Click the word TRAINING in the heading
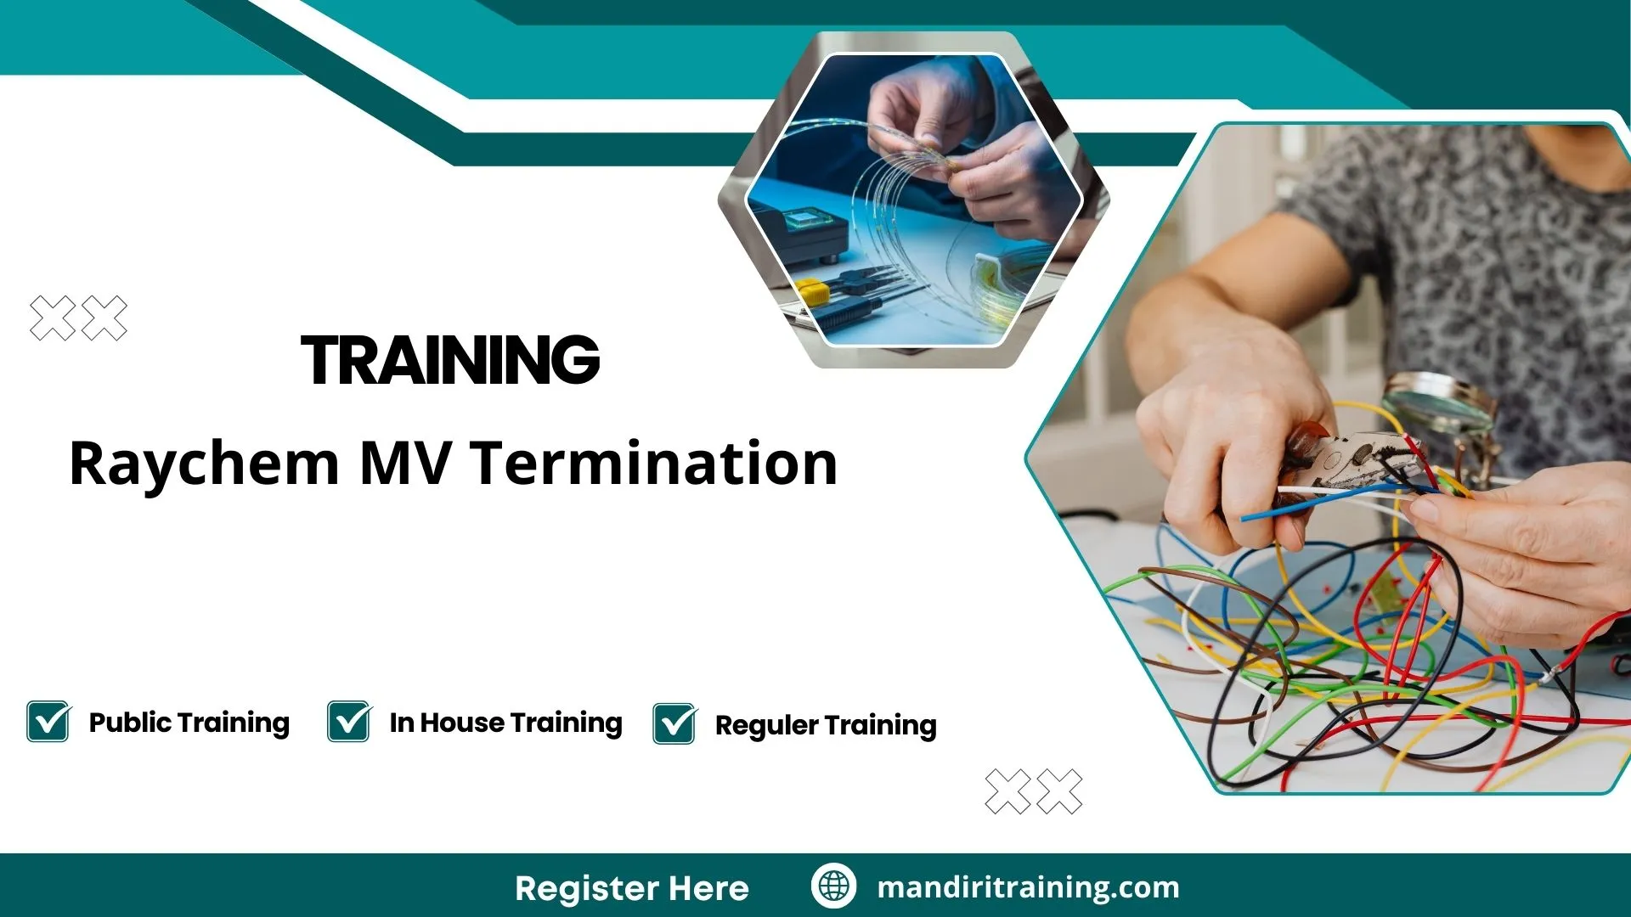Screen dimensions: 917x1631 tap(450, 360)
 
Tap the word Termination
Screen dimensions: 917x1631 tap(655, 464)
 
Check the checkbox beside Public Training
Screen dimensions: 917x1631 tap(48, 722)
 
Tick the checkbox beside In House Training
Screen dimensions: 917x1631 tap(349, 722)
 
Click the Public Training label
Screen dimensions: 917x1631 tap(189, 723)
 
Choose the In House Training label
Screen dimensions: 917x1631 tap(505, 723)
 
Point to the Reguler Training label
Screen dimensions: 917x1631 tap(825, 725)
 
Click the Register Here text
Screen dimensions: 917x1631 tap(631, 888)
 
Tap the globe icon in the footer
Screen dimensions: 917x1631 tap(833, 886)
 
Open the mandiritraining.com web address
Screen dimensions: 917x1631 tap(1028, 887)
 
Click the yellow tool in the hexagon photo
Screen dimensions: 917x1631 tap(812, 291)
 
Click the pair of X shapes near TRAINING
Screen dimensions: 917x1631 tap(78, 318)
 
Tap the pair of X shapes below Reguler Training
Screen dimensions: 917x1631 tap(1033, 791)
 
